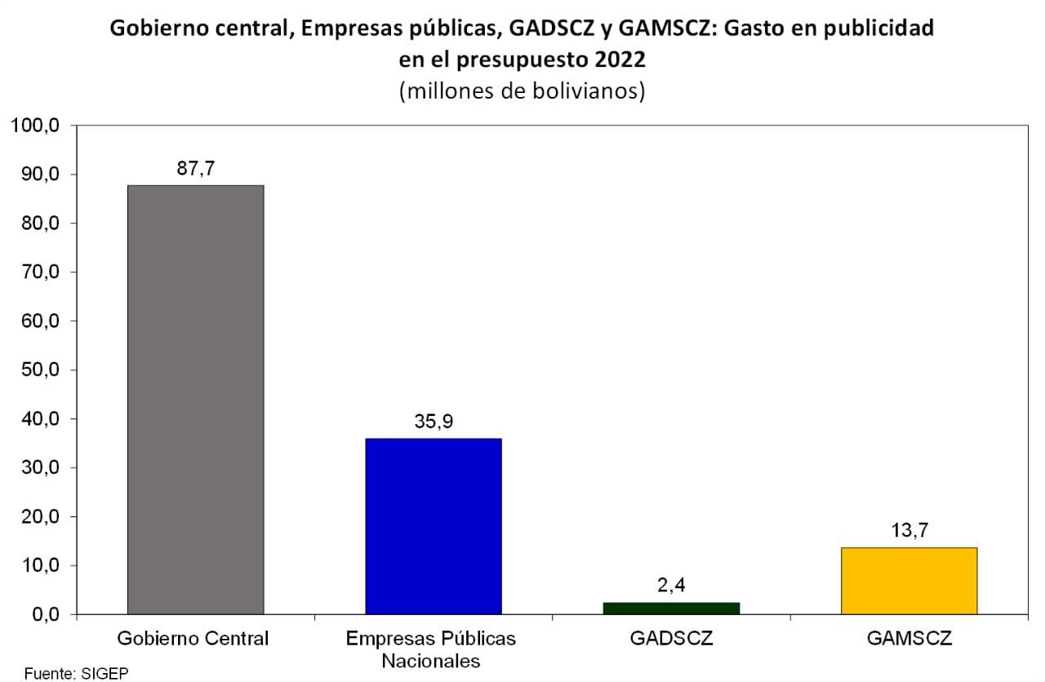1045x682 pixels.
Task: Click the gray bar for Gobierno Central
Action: tap(195, 400)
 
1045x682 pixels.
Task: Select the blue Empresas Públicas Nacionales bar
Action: tap(433, 526)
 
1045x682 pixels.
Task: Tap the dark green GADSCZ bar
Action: tap(671, 608)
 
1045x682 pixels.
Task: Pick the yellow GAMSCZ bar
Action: tap(909, 581)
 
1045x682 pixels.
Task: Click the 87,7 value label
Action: tap(195, 169)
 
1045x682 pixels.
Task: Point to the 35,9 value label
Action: tap(434, 422)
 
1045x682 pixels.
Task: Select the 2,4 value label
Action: tap(671, 585)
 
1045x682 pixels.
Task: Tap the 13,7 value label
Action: tap(909, 530)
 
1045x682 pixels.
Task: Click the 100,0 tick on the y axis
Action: tap(35, 126)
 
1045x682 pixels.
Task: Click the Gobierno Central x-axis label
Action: tap(193, 638)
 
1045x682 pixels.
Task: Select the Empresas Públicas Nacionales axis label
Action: tap(431, 649)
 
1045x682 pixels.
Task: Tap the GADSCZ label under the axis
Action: tap(671, 638)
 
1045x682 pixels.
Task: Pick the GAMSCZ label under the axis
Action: tap(909, 638)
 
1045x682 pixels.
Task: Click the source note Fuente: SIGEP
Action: tap(76, 674)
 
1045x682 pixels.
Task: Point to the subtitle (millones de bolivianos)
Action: tap(522, 91)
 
